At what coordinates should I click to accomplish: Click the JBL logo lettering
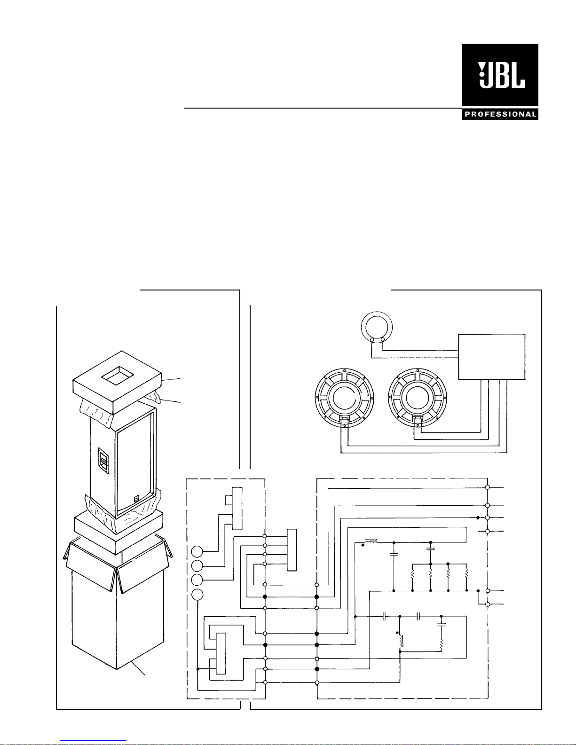click(x=501, y=76)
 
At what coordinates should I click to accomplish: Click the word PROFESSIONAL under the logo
click(x=500, y=114)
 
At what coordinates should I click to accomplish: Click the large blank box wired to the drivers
click(x=491, y=356)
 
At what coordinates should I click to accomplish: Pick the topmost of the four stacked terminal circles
click(x=198, y=551)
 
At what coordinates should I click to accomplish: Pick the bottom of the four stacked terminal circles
click(x=198, y=595)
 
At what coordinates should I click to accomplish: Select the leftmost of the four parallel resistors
click(x=412, y=574)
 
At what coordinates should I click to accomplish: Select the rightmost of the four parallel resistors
click(x=466, y=574)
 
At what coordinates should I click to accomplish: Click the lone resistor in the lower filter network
click(x=441, y=644)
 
